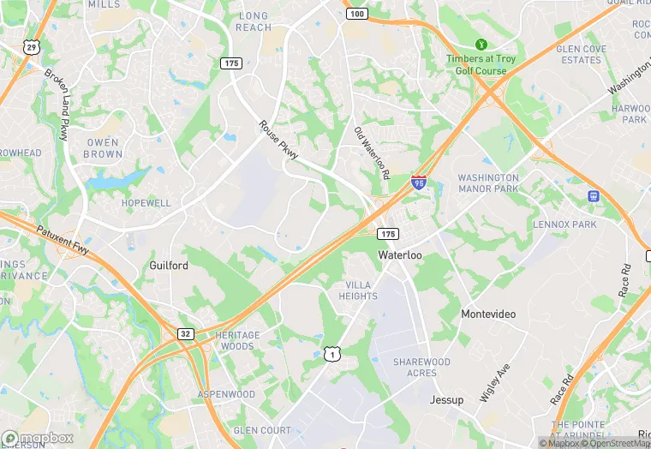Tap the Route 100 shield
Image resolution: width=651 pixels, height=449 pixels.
pyautogui.click(x=357, y=14)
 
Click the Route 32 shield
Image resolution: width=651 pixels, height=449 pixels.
pyautogui.click(x=185, y=333)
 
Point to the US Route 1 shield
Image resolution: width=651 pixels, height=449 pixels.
pyautogui.click(x=331, y=353)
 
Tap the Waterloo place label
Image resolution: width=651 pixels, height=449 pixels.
pyautogui.click(x=400, y=255)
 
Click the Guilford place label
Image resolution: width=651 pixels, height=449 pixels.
pyautogui.click(x=169, y=266)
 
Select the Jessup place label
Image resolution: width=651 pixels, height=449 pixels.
pyautogui.click(x=446, y=400)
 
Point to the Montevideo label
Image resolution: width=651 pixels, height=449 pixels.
pyautogui.click(x=488, y=314)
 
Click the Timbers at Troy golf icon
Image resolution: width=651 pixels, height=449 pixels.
pyautogui.click(x=481, y=44)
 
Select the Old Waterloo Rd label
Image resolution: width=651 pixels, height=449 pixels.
pyautogui.click(x=372, y=153)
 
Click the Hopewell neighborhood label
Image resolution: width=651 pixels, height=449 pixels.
pyautogui.click(x=146, y=203)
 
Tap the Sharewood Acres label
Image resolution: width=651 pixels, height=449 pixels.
pyautogui.click(x=421, y=368)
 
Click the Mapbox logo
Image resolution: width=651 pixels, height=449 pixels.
pyautogui.click(x=37, y=438)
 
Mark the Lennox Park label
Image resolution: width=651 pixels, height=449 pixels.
pyautogui.click(x=564, y=224)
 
